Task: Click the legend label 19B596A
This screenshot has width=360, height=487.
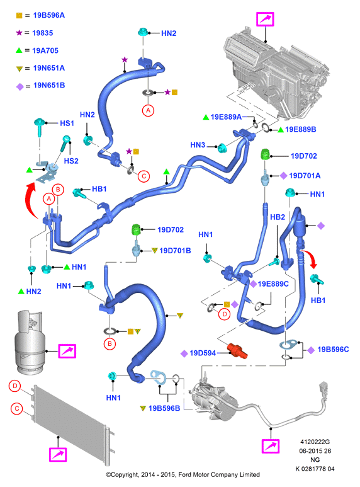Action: tap(48, 15)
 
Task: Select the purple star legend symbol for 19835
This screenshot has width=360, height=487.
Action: tap(20, 33)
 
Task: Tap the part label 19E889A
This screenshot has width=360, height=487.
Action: tap(226, 117)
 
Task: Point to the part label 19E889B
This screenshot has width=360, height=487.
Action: tap(300, 129)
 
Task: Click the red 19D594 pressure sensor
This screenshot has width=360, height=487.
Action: tap(237, 351)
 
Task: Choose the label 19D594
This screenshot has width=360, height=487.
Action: tap(203, 353)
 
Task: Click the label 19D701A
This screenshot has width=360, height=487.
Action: tap(305, 176)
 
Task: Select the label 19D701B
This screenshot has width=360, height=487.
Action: tap(175, 250)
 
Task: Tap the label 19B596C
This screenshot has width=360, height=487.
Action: tap(333, 350)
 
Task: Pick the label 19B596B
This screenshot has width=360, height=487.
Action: tap(164, 408)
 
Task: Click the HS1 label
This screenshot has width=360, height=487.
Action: tap(67, 123)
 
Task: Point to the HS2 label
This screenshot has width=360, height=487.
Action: tap(71, 161)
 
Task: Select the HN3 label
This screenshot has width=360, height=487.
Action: tap(198, 145)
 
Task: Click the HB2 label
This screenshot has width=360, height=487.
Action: tap(278, 217)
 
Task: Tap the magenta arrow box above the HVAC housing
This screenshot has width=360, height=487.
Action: tap(265, 20)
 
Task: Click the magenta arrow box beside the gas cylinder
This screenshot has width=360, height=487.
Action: tap(67, 351)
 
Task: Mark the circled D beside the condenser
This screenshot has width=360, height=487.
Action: tap(14, 386)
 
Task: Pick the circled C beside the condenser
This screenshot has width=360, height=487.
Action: tap(17, 408)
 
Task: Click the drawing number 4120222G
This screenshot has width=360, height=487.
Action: tap(315, 442)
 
